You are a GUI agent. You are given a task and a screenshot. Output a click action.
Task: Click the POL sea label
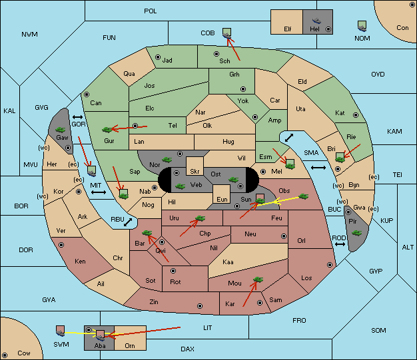[151, 11]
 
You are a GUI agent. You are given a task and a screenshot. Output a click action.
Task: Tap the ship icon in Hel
[316, 21]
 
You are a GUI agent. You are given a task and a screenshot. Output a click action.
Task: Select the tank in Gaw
[61, 130]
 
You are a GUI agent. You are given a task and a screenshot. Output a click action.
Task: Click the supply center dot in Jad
[158, 57]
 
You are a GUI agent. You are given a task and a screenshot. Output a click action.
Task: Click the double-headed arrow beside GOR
[78, 117]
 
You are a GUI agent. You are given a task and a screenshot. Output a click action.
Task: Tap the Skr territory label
[195, 172]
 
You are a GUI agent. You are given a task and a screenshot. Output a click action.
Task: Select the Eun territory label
[222, 200]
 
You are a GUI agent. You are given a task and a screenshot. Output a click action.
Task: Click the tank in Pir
[356, 233]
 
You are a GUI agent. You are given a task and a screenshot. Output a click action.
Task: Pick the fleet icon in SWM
[61, 331]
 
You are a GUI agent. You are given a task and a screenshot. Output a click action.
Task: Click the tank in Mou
[258, 279]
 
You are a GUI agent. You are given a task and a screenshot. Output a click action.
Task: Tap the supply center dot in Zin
[200, 306]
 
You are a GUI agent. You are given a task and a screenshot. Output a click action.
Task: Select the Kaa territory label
[228, 262]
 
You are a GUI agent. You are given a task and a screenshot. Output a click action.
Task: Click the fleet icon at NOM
[362, 26]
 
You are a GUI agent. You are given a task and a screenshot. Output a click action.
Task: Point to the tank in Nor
[167, 160]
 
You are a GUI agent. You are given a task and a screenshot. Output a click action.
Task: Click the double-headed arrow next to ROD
[340, 244]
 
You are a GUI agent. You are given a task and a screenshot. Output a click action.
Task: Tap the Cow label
[24, 353]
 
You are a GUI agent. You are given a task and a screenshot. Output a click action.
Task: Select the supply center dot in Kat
[356, 115]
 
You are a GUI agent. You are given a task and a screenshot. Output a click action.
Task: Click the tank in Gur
[107, 130]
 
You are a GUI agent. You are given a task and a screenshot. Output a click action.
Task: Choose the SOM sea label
[378, 331]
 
